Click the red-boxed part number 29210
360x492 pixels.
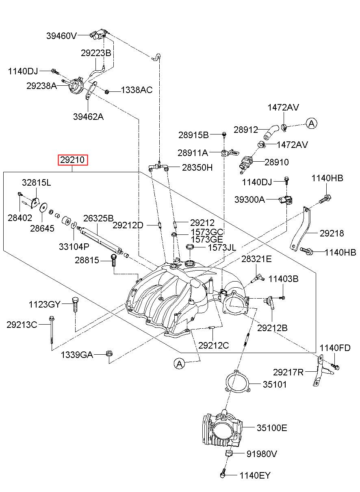click(x=72, y=160)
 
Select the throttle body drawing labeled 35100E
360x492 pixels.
click(x=222, y=429)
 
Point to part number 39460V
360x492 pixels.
click(x=61, y=36)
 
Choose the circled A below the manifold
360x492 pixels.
click(x=180, y=364)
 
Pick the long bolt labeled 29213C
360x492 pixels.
click(x=52, y=331)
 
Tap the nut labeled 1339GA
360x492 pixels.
click(x=109, y=353)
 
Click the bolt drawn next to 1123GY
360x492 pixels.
click(x=75, y=305)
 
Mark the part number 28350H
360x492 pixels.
click(x=197, y=167)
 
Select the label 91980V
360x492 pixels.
click(x=262, y=454)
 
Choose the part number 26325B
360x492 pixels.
click(x=98, y=218)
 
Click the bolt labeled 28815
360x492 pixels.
click(x=113, y=260)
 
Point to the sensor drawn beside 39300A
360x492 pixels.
click(x=286, y=199)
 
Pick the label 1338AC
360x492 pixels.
click(x=137, y=90)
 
